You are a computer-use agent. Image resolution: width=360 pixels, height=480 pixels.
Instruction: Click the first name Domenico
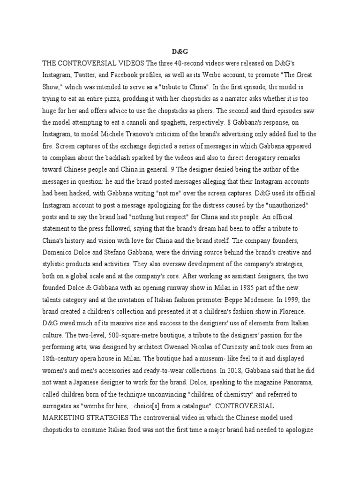(x=64, y=253)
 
